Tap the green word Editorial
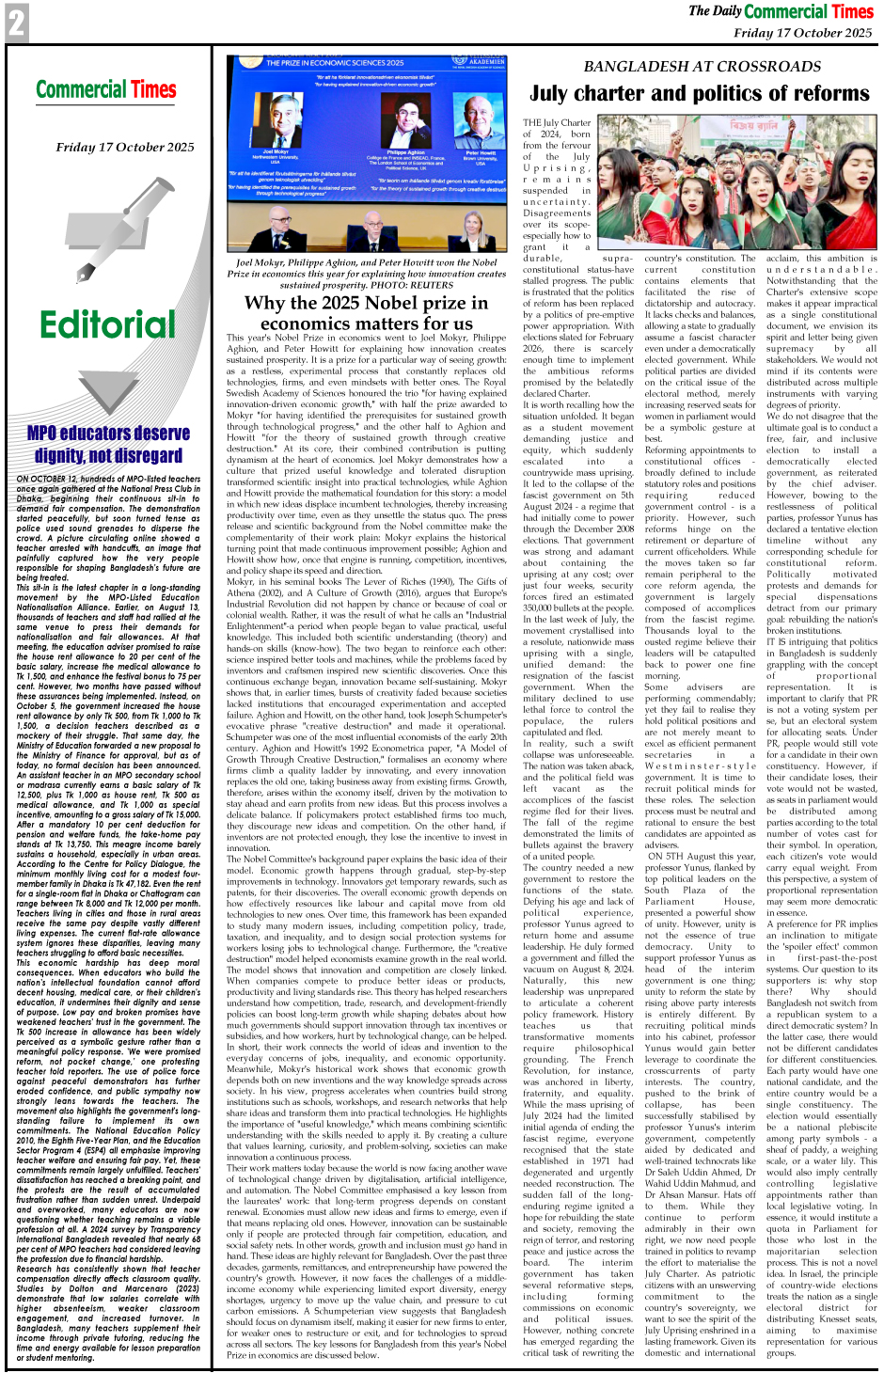tap(107, 324)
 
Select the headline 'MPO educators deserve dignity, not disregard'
tap(108, 444)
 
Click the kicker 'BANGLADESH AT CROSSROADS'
tap(702, 67)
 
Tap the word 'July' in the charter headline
tap(557, 94)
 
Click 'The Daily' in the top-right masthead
tap(715, 11)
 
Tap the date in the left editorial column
tap(125, 147)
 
